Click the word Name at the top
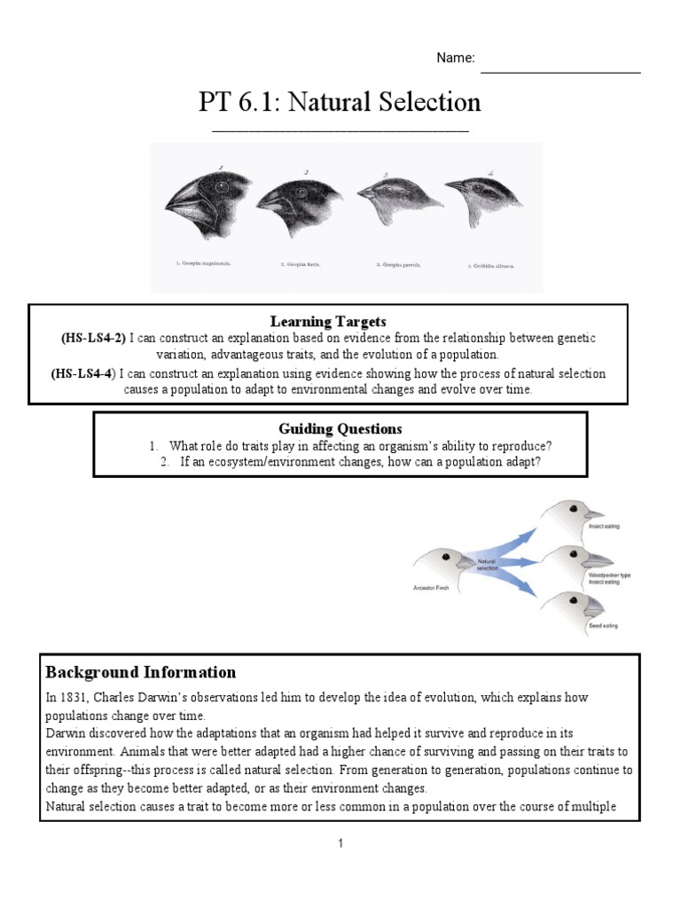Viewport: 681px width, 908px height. [455, 59]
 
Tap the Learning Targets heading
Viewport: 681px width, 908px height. [327, 321]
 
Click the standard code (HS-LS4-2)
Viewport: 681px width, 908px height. [94, 339]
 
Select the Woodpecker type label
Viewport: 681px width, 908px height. [610, 575]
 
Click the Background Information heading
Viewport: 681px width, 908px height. [141, 672]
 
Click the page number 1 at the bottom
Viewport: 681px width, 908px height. [340, 844]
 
